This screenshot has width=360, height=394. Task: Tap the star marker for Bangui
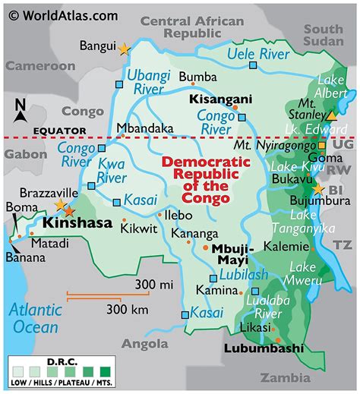[125, 49]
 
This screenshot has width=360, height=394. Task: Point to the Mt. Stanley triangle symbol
[331, 116]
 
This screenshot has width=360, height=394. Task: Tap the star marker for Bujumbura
[318, 189]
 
